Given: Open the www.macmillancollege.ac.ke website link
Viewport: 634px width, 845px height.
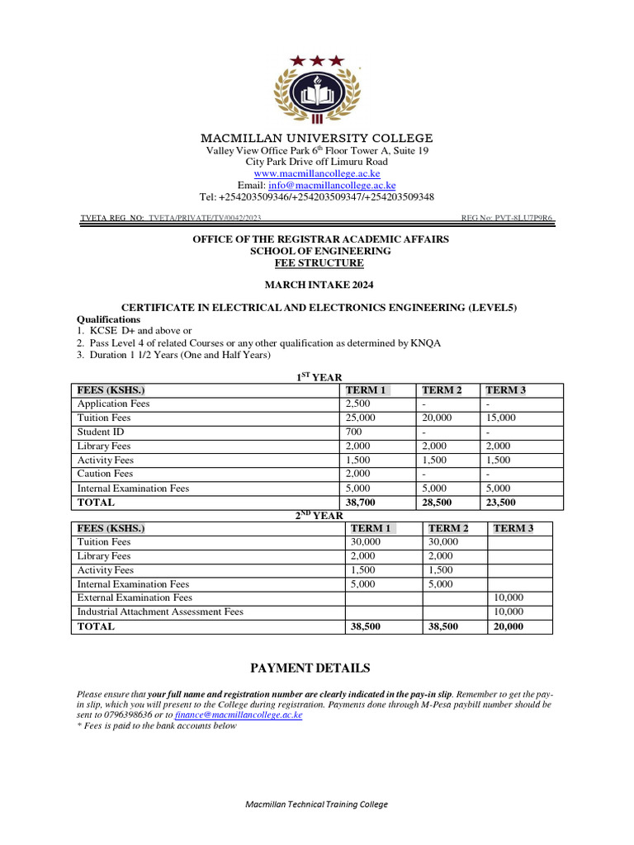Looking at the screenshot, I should [317, 174].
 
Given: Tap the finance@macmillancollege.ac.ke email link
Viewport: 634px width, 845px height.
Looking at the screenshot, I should [239, 715].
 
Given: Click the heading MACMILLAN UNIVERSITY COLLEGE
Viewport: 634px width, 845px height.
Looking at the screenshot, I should [317, 138].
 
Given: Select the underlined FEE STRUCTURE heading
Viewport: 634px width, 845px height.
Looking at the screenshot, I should [319, 263].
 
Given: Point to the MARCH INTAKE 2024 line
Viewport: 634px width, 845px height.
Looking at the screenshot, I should [319, 286].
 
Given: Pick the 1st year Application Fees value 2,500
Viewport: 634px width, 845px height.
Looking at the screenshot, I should [358, 404].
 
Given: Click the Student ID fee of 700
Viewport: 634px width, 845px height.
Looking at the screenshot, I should [353, 432].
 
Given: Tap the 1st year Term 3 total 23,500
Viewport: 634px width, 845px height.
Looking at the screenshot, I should [501, 503].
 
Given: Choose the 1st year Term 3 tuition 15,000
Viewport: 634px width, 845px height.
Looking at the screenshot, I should [501, 418].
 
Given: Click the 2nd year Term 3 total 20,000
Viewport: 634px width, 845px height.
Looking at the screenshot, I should [508, 626].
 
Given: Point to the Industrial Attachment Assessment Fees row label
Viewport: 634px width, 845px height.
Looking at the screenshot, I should [160, 612].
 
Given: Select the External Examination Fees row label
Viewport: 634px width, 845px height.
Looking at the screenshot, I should [135, 598].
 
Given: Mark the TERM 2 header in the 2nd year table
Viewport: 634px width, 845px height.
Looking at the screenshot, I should [449, 528].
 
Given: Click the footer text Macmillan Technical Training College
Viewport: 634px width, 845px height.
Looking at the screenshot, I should [317, 805].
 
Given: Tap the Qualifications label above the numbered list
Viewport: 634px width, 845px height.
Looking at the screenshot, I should [108, 319].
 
